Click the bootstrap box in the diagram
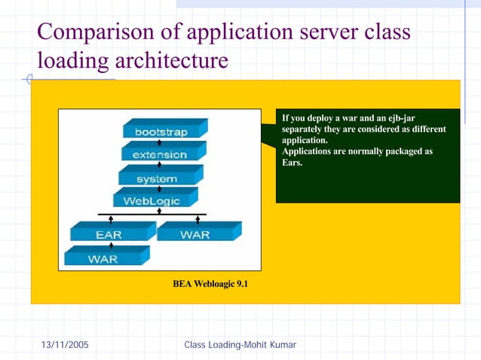[161, 132]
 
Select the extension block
[159, 154]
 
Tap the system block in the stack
[157, 178]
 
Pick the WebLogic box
[151, 201]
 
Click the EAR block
[109, 234]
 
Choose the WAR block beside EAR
[195, 234]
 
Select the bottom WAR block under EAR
[103, 258]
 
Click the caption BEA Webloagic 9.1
[210, 284]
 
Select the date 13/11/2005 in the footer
[64, 345]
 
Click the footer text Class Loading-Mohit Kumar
[240, 345]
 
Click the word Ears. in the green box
[292, 162]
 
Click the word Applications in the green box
[307, 151]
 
